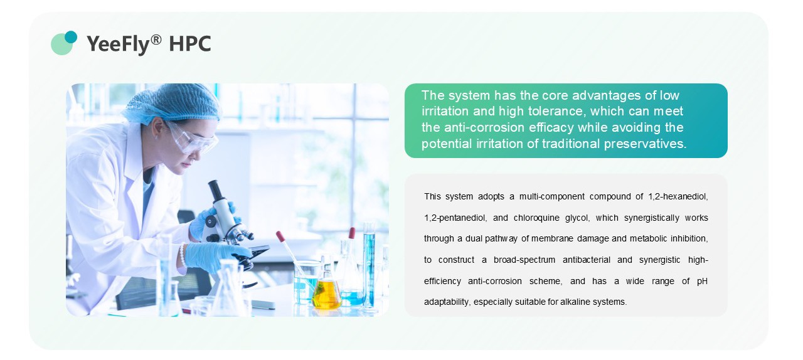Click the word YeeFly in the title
coord(118,44)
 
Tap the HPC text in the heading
coord(189,44)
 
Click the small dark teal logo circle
coord(71,37)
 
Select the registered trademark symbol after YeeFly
coord(156,39)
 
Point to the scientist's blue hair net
coord(172,102)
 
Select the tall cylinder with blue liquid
coord(369,265)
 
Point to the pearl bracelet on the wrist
coord(182,255)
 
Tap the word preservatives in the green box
coord(645,144)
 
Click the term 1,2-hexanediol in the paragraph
coord(678,196)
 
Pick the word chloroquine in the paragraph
coord(536,218)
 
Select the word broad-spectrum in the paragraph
coord(524,260)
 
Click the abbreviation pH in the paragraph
coord(702,281)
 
